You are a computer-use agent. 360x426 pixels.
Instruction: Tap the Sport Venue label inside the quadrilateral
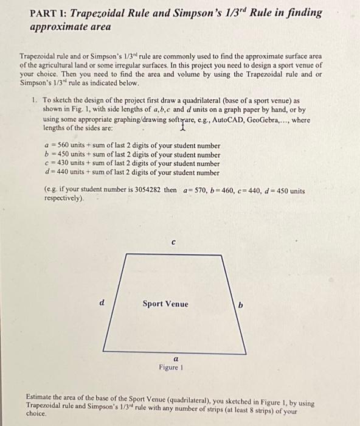pyautogui.click(x=165, y=304)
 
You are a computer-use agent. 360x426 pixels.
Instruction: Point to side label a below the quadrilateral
pyautogui.click(x=176, y=359)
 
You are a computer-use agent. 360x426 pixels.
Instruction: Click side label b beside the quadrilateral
pyautogui.click(x=240, y=304)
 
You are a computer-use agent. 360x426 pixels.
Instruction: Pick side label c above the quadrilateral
pyautogui.click(x=173, y=242)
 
